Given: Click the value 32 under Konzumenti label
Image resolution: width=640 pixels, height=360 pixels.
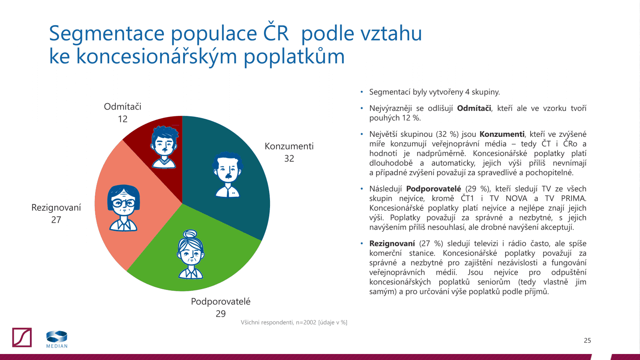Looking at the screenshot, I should pos(289,159).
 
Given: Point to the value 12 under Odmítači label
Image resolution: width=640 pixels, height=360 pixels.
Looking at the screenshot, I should pos(123,119).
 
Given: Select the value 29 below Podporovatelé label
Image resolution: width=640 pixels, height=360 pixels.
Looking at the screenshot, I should pos(221,314).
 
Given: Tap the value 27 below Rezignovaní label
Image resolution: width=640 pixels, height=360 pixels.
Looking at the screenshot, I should pos(56,220).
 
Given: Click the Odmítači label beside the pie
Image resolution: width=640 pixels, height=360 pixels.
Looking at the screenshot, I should pos(122,107).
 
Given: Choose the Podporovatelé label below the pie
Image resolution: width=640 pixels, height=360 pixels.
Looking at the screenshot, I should pos(221,302).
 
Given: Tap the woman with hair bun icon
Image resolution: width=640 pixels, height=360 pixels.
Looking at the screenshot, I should pos(191,254).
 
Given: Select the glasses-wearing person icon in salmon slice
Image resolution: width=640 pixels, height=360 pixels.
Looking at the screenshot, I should pos(124,208).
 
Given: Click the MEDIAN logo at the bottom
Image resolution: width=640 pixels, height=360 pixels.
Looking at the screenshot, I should pos(57,339).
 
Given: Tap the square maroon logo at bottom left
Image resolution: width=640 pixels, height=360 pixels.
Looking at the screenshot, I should pos(22,338).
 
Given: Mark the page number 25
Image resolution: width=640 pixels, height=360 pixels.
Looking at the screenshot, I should pos(587,341).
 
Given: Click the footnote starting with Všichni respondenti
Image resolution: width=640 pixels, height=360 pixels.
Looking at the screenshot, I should pos(294,322).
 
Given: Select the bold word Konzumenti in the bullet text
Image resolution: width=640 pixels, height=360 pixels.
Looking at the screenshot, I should pos(502,134).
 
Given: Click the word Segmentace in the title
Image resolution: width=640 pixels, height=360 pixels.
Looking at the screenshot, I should pos(107,34).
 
